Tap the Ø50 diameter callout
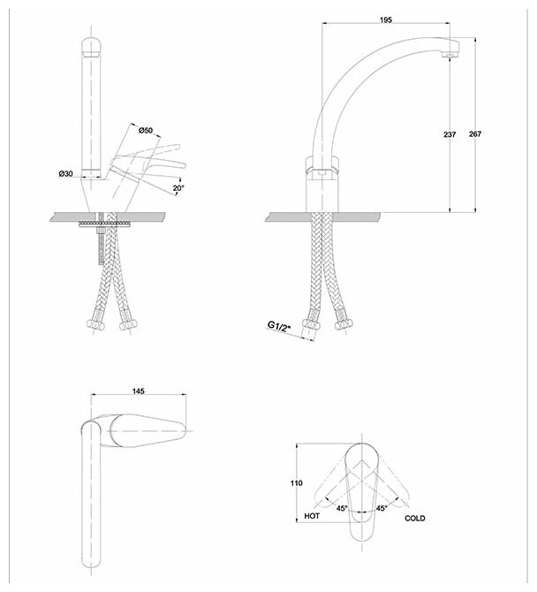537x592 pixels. [147, 130]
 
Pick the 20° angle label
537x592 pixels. [178, 188]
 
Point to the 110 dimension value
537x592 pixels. [296, 483]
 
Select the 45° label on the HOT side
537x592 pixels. [340, 507]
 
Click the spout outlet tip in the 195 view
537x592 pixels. [450, 56]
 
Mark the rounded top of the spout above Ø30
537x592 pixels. [92, 44]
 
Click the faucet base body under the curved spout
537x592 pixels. [323, 187]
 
